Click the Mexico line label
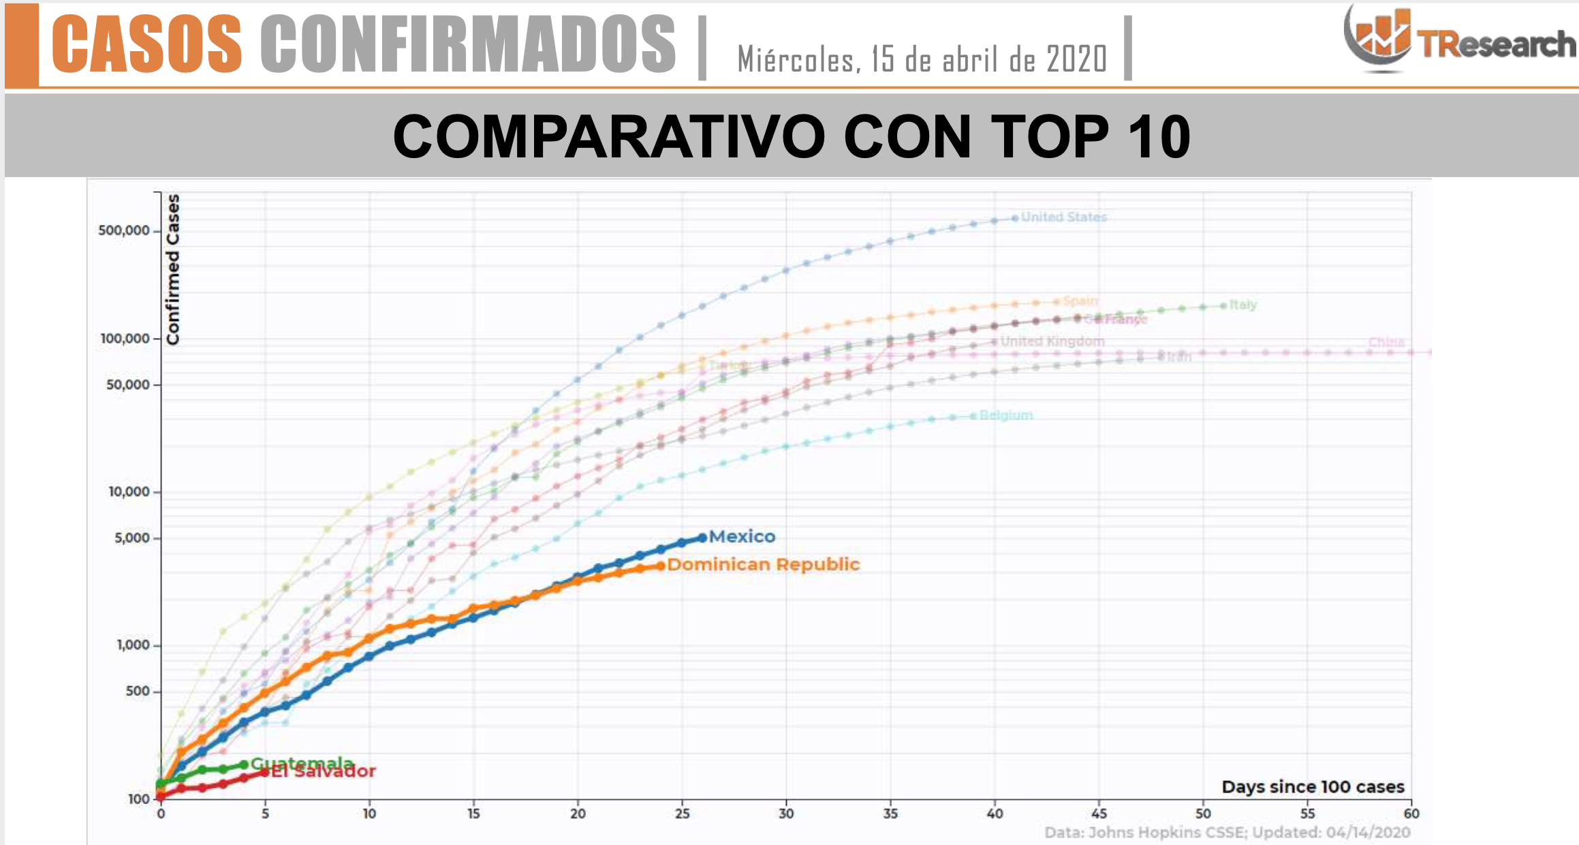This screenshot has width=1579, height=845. click(742, 536)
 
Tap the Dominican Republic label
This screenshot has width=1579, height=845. click(764, 564)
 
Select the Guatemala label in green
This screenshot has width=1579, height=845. click(302, 763)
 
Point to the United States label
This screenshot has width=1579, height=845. click(1063, 217)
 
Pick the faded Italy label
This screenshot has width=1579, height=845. click(1243, 305)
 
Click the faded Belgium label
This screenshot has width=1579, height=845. click(1006, 415)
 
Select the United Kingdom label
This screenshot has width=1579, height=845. click(1052, 341)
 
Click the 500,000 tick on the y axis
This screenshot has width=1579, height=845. click(124, 230)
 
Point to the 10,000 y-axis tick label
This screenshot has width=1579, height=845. click(129, 491)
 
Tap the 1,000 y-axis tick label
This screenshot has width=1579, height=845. click(133, 645)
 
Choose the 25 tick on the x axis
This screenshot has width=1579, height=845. click(682, 814)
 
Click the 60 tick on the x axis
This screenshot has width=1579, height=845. click(1411, 814)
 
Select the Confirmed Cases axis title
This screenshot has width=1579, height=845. click(173, 269)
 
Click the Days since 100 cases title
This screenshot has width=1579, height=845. click(1313, 786)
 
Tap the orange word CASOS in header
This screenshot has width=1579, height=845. click(147, 44)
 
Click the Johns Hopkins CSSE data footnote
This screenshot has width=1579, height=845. click(1227, 832)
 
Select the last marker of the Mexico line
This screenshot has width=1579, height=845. click(702, 538)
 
